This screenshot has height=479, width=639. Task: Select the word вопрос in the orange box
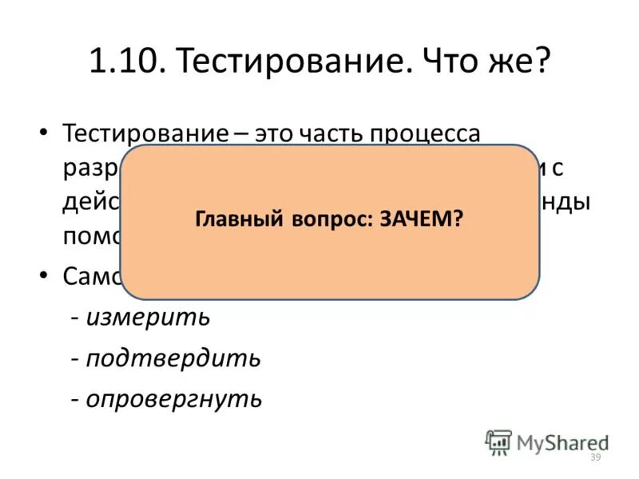(327, 220)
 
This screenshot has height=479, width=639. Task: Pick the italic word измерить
(149, 318)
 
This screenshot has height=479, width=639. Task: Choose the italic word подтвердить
(173, 358)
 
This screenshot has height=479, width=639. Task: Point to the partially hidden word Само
(92, 277)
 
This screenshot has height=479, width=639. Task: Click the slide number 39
(594, 457)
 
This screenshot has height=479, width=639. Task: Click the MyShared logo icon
(498, 442)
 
